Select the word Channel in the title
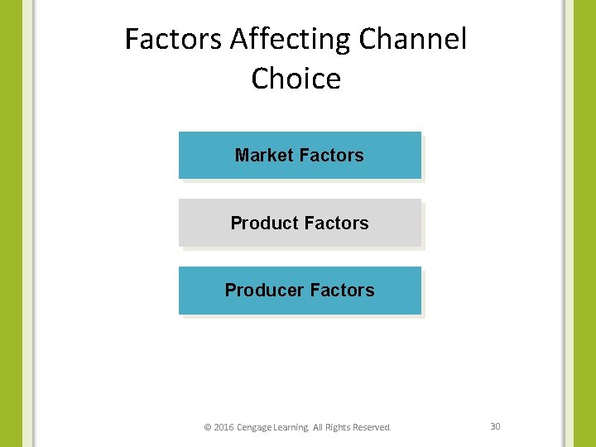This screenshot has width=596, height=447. pos(413,39)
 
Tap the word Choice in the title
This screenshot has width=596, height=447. pos(296,79)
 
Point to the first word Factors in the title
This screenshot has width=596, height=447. pos(174,39)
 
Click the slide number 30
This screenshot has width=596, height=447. pos(495,426)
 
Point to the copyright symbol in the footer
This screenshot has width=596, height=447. pos(208,427)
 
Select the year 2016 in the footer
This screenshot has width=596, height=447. pos(223,427)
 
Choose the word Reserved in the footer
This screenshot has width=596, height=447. pos(372,427)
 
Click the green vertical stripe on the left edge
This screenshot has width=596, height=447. pos(11,223)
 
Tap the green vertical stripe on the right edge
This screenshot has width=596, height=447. pos(584,223)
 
